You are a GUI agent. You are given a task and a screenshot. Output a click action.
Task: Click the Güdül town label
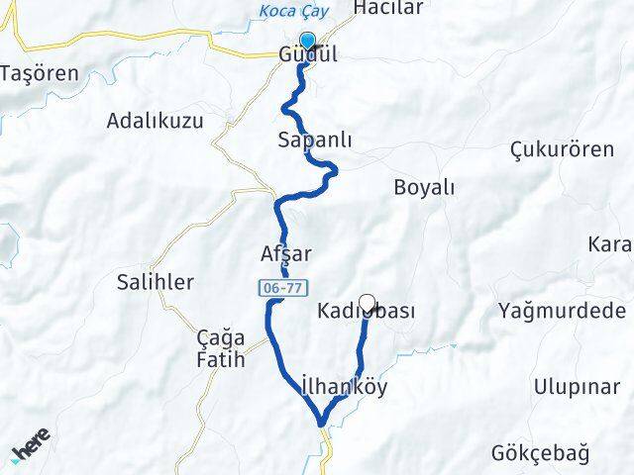click(x=307, y=55)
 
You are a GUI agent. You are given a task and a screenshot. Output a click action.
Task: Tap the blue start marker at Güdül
click(x=307, y=42)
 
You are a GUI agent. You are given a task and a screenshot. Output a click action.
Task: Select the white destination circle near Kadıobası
click(x=368, y=304)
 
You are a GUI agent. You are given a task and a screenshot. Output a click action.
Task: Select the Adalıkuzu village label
click(x=155, y=122)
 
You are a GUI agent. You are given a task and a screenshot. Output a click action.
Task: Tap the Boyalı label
click(x=424, y=187)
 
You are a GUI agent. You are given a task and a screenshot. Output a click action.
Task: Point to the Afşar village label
click(x=285, y=253)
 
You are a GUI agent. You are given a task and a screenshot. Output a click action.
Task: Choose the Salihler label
click(x=156, y=282)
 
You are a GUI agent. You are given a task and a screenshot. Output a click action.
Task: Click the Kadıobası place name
click(x=367, y=312)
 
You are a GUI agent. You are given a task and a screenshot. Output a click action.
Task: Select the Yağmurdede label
click(x=563, y=312)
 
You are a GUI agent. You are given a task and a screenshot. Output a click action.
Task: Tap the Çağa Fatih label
click(x=220, y=349)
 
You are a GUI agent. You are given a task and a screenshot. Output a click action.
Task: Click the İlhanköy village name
click(x=343, y=388)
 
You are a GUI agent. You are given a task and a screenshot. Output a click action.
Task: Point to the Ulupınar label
click(x=576, y=386)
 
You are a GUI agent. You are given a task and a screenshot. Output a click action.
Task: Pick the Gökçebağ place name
click(x=540, y=454)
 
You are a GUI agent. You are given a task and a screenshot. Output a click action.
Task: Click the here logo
click(x=32, y=449)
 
